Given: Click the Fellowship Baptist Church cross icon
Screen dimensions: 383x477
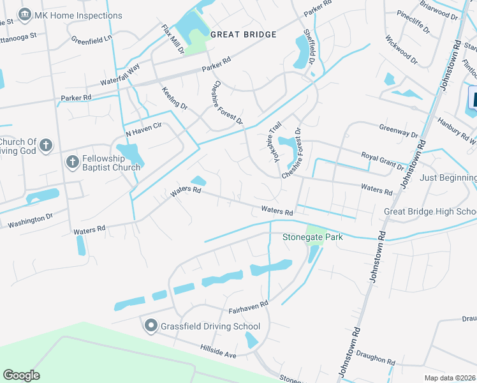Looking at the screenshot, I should pyautogui.click(x=73, y=161).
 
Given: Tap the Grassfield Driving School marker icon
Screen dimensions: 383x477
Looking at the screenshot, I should pyautogui.click(x=151, y=326).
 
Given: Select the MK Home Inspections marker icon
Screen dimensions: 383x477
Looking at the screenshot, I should pyautogui.click(x=25, y=14).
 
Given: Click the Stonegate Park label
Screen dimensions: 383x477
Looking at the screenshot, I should pyautogui.click(x=312, y=237).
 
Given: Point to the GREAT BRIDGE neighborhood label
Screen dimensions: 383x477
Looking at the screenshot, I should pyautogui.click(x=243, y=34).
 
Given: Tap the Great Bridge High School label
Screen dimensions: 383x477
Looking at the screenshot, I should pyautogui.click(x=430, y=211).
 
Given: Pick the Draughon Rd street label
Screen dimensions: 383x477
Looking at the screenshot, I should pyautogui.click(x=373, y=359).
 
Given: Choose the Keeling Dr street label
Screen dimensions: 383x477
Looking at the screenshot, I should pyautogui.click(x=175, y=98).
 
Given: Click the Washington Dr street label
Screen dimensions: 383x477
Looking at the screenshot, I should pyautogui.click(x=30, y=222).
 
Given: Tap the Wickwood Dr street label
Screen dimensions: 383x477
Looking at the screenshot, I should pyautogui.click(x=401, y=49).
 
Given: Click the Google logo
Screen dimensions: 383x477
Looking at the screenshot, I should pyautogui.click(x=21, y=375).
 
